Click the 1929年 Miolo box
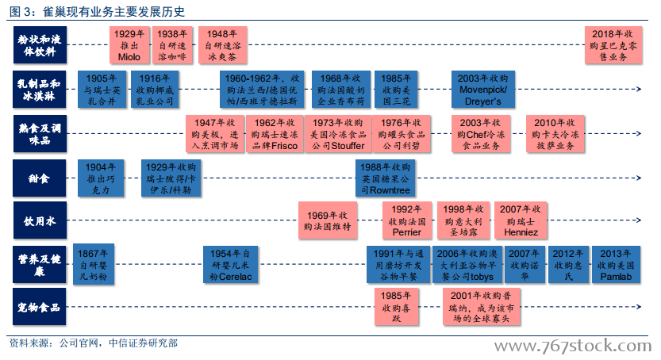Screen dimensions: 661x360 click(x=129, y=45)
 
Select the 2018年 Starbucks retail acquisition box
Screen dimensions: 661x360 click(x=613, y=45)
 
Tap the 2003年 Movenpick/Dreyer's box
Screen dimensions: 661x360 click(x=483, y=90)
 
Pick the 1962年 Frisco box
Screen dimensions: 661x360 click(x=275, y=134)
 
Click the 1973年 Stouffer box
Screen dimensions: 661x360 click(x=338, y=134)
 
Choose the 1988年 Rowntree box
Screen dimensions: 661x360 click(x=386, y=178)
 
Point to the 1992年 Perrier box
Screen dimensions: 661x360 click(x=407, y=220)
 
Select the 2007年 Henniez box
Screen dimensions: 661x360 click(x=521, y=220)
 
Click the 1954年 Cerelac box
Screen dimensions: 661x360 click(x=231, y=265)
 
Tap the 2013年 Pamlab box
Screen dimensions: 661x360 click(x=616, y=265)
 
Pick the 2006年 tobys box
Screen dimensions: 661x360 click(x=467, y=265)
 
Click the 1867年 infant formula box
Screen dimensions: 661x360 click(x=93, y=265)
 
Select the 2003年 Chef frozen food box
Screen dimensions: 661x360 click(x=481, y=134)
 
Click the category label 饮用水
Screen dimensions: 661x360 click(x=40, y=220)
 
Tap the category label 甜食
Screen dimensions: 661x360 click(x=39, y=178)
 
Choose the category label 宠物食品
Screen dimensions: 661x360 click(x=39, y=307)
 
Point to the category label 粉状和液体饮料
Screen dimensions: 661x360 click(x=40, y=45)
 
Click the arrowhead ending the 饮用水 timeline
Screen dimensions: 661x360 click(x=639, y=220)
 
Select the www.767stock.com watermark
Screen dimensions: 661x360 click(x=573, y=346)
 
